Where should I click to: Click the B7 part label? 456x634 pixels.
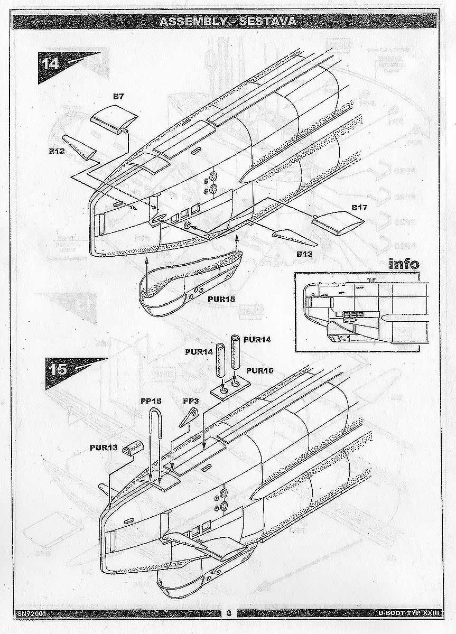tap(118, 97)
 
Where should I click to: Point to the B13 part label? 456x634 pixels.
tap(305, 254)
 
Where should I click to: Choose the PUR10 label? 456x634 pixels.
tap(259, 370)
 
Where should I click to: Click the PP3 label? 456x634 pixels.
tap(190, 402)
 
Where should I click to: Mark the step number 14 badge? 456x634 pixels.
tap(51, 62)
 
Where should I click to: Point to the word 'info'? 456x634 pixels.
tap(404, 263)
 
